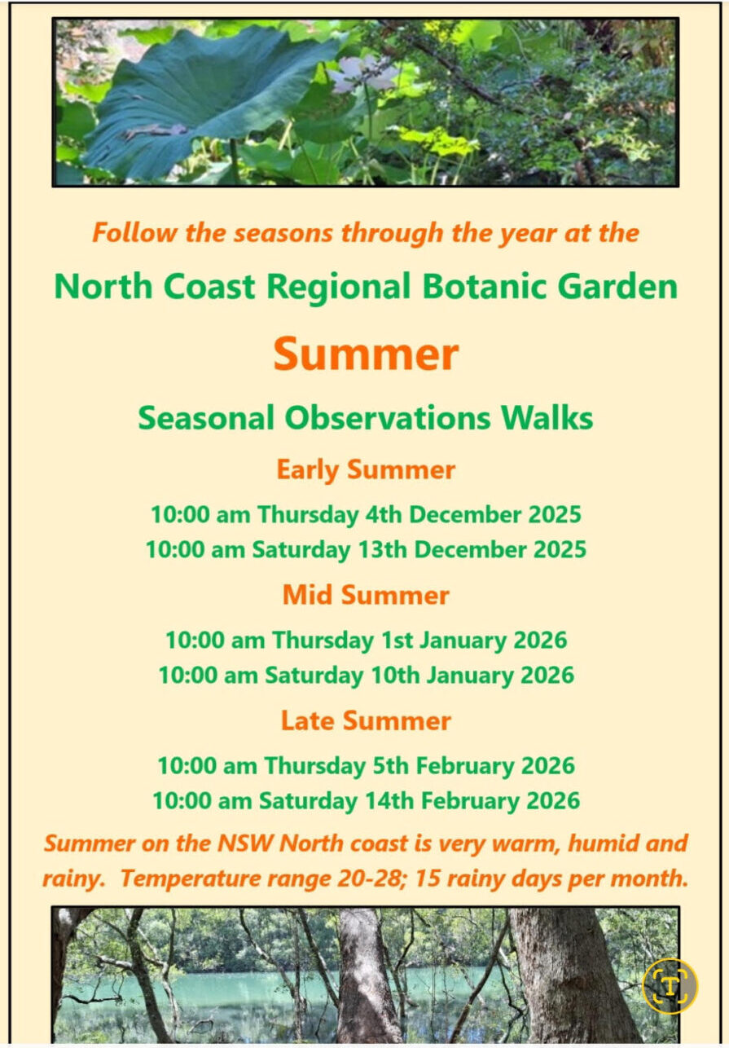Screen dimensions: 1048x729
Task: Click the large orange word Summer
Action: click(366, 354)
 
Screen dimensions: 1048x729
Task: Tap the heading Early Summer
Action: click(366, 470)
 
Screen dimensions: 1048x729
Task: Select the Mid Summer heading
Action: click(366, 595)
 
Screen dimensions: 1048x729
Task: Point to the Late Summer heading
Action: click(366, 720)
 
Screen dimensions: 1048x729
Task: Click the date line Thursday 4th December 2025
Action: click(366, 515)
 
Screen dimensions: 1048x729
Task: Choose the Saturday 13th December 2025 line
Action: click(366, 550)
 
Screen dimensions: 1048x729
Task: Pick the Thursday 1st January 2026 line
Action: click(366, 640)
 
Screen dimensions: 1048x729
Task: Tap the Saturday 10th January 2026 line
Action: click(366, 676)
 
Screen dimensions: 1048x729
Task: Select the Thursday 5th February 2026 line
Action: click(366, 766)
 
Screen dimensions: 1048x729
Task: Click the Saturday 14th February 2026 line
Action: click(366, 801)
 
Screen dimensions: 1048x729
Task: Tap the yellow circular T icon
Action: click(670, 985)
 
